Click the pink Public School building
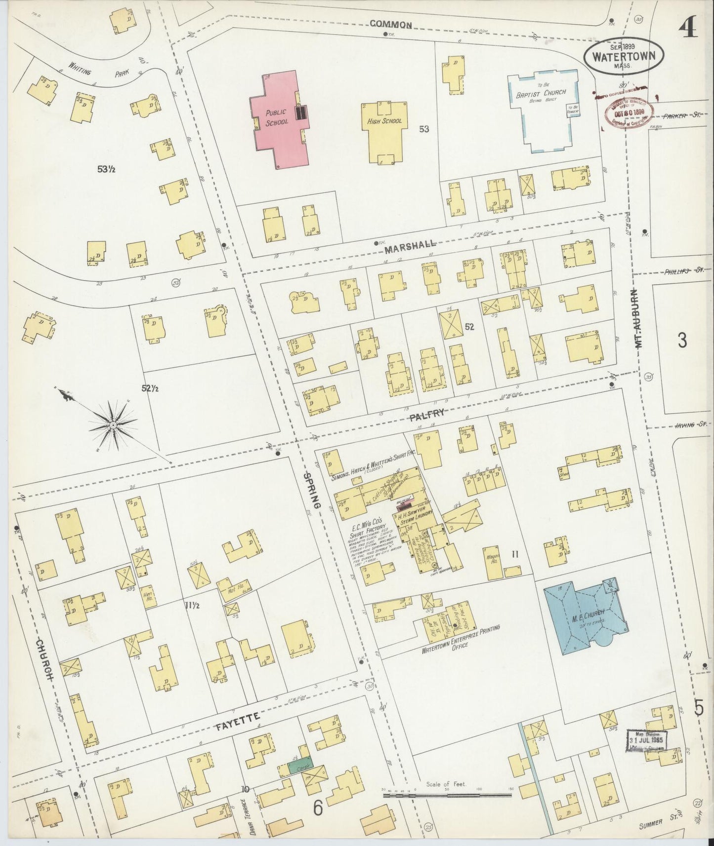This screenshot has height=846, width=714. [x=279, y=123]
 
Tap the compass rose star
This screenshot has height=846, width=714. [x=114, y=425]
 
